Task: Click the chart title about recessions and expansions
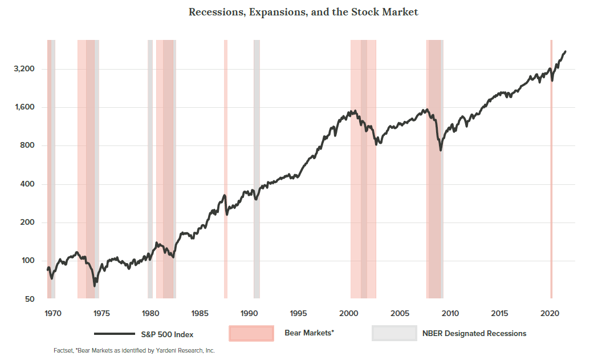[303, 12]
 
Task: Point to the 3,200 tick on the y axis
[24, 69]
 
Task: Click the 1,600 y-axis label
[24, 107]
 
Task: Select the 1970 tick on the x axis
[52, 313]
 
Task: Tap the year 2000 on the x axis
[349, 313]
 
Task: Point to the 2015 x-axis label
[499, 313]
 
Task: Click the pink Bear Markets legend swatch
[251, 333]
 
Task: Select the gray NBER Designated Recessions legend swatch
[394, 333]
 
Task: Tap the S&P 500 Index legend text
[167, 334]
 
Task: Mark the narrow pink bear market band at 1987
[226, 168]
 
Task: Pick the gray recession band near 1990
[257, 168]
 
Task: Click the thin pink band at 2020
[551, 168]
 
